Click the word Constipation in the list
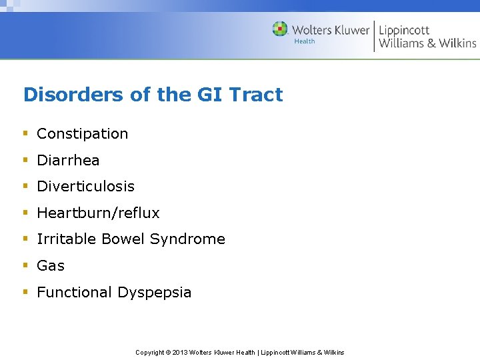click(x=82, y=134)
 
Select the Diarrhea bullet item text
click(x=68, y=161)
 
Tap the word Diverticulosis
click(x=85, y=187)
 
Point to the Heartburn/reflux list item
click(x=98, y=213)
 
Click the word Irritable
click(x=63, y=239)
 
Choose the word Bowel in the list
click(x=119, y=239)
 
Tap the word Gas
click(x=51, y=266)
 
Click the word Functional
click(x=75, y=293)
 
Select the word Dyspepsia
click(x=154, y=293)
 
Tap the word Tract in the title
click(x=257, y=95)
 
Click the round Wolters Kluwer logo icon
click(x=280, y=29)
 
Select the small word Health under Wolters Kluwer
click(x=305, y=41)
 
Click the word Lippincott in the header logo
click(x=404, y=30)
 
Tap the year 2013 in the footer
click(x=180, y=353)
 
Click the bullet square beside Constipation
click(x=25, y=133)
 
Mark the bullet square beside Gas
click(x=25, y=265)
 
